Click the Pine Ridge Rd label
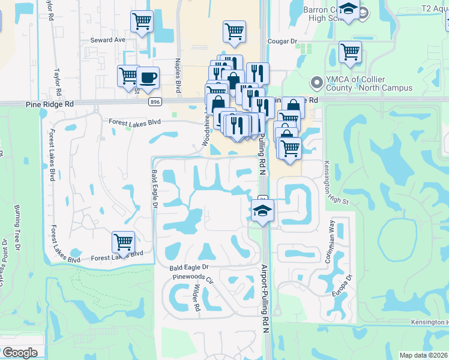(50, 104)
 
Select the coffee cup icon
(148, 77)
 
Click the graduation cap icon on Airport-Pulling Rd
(262, 211)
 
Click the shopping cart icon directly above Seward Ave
(142, 21)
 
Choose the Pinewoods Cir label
(193, 278)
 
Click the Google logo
(20, 353)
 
